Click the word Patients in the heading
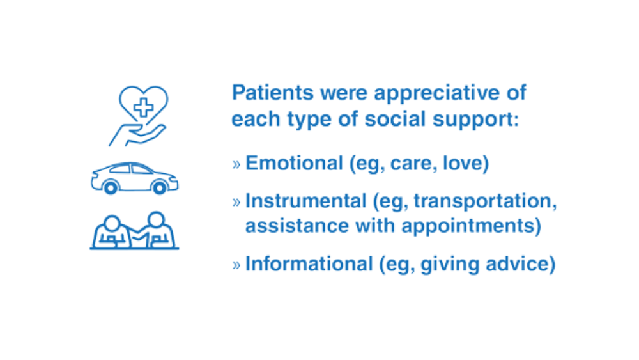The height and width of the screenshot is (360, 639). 273,93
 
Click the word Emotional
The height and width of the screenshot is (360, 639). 294,163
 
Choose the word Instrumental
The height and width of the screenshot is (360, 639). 305,201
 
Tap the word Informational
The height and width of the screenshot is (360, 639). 309,263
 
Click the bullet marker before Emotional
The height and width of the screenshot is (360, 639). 236,164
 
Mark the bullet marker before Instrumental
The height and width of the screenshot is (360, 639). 236,202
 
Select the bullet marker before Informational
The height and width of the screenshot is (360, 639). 236,265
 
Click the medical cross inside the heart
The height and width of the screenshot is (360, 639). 143,107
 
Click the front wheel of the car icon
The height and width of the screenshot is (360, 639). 159,187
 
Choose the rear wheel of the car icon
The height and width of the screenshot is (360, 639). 111,187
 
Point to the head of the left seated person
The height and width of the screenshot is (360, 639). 112,223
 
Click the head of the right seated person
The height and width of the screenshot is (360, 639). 156,220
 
